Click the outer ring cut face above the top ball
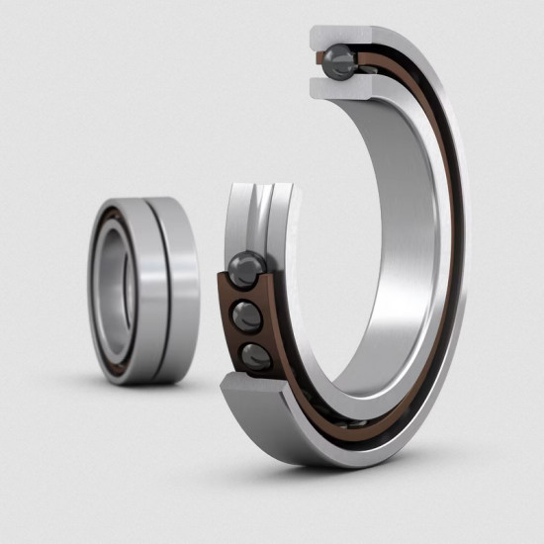341,36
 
